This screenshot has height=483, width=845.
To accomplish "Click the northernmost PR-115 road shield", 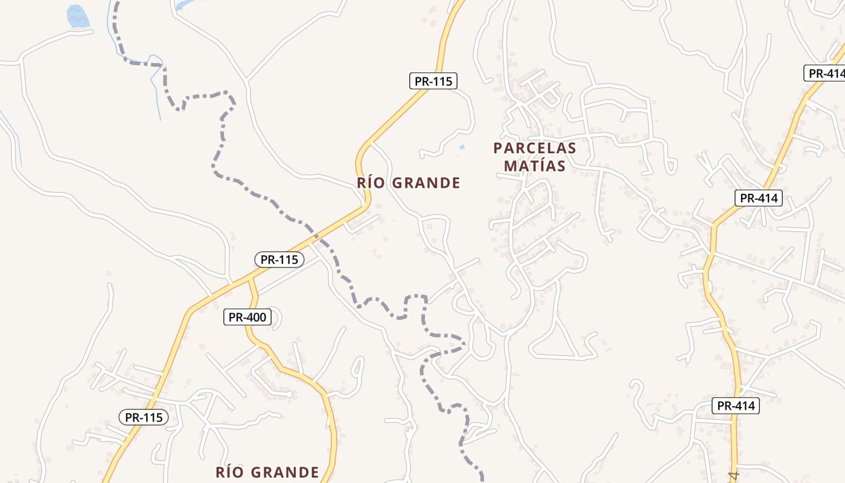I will click(x=433, y=81).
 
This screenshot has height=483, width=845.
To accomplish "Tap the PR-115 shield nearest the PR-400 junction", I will click(x=279, y=260).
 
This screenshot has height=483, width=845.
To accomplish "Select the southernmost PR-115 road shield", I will click(x=144, y=417).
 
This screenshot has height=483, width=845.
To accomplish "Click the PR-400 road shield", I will click(x=247, y=317).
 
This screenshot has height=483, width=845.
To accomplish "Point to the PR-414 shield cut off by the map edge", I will click(x=825, y=73).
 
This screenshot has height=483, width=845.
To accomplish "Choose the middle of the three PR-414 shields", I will click(x=759, y=197).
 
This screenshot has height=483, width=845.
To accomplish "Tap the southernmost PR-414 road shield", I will click(x=735, y=406).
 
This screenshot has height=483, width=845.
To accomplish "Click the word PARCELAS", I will click(x=534, y=148).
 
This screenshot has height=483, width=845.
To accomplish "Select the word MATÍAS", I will click(x=534, y=166).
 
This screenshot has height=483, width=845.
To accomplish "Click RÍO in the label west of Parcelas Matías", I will click(x=371, y=183).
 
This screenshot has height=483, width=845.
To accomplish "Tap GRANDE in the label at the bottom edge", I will click(x=287, y=472).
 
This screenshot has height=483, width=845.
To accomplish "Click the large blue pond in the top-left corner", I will click(x=77, y=16).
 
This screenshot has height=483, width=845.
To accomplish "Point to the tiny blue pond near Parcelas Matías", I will click(x=462, y=147).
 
